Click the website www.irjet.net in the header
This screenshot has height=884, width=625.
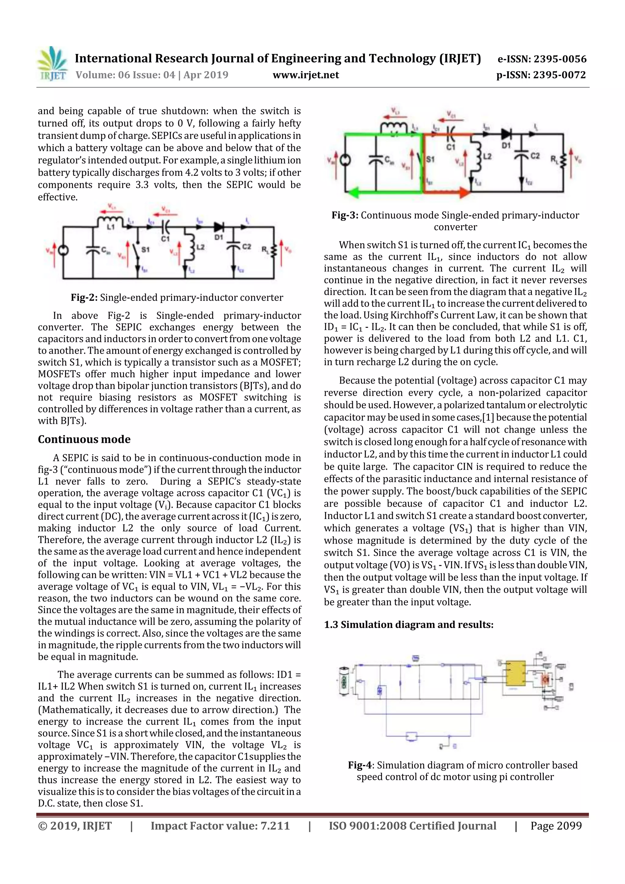(x=306, y=75)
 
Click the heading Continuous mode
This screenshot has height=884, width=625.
(x=84, y=439)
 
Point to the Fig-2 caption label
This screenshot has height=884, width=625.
(x=84, y=298)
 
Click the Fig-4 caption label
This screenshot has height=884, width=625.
(x=361, y=765)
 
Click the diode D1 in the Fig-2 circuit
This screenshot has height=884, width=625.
(x=220, y=228)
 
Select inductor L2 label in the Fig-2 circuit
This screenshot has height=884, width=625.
(x=200, y=247)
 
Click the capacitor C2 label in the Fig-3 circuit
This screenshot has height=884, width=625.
(x=535, y=156)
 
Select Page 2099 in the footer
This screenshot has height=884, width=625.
(x=556, y=826)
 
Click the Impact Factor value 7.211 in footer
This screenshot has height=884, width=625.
(x=275, y=826)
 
